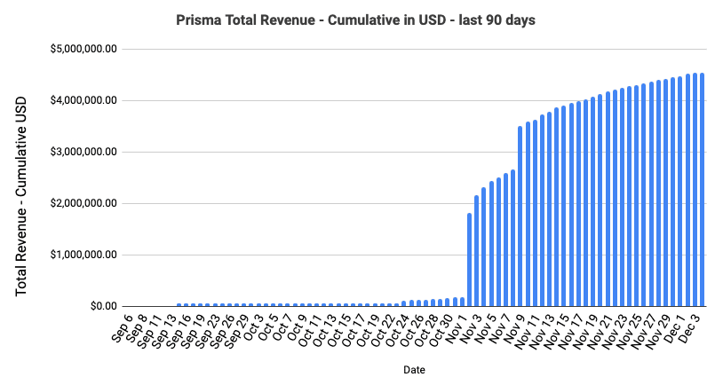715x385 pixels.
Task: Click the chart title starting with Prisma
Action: click(x=357, y=20)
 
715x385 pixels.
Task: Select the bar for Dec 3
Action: click(x=702, y=190)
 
